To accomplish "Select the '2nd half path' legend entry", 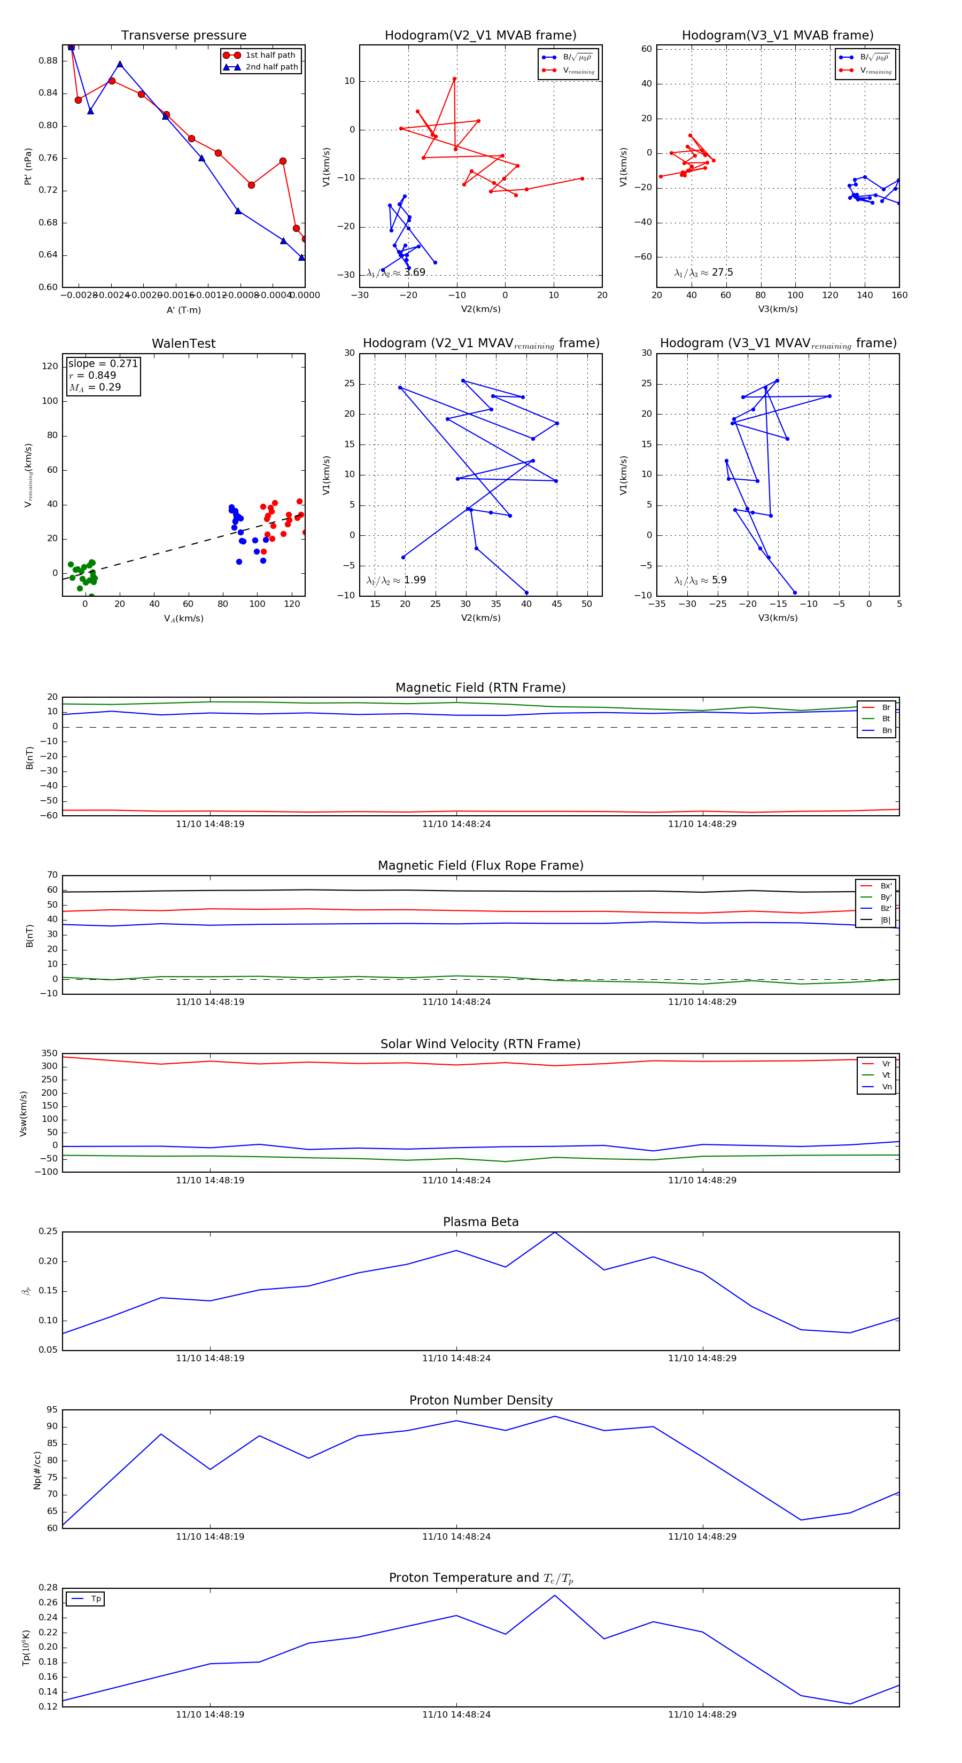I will pos(271,67).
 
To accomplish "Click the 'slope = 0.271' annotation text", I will pos(103,363).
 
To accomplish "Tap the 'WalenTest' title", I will pos(183,344).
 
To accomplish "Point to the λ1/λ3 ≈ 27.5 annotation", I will pos(703,272).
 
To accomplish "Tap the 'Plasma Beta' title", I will pos(480,1222).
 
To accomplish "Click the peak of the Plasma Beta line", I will pos(555,1232).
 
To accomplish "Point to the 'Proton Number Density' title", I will pos(480,1400).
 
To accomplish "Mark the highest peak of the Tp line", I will pos(555,1595).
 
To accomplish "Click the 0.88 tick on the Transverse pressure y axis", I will pos(48,60).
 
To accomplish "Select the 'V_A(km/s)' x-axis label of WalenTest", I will pos(183,618).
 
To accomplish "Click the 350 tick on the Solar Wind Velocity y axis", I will pos(49,1054).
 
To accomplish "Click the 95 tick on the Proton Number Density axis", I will pos(52,1410).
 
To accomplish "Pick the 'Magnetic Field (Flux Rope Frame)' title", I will pos(480,866).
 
